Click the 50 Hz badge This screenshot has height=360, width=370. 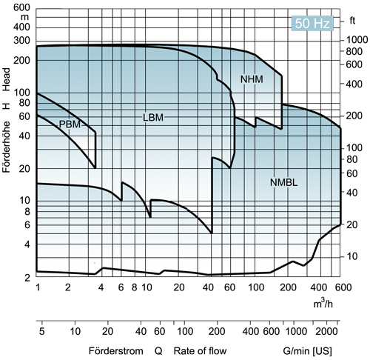tap(311, 22)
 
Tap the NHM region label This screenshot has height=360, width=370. tap(252, 79)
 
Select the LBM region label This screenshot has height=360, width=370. tap(152, 117)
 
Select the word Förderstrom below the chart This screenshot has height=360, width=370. tap(113, 350)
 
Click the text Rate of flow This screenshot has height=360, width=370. tap(199, 350)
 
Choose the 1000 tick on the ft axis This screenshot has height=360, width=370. tap(357, 39)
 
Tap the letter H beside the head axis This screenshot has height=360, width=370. tap(7, 104)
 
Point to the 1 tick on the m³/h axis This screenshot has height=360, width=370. tap(36, 287)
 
